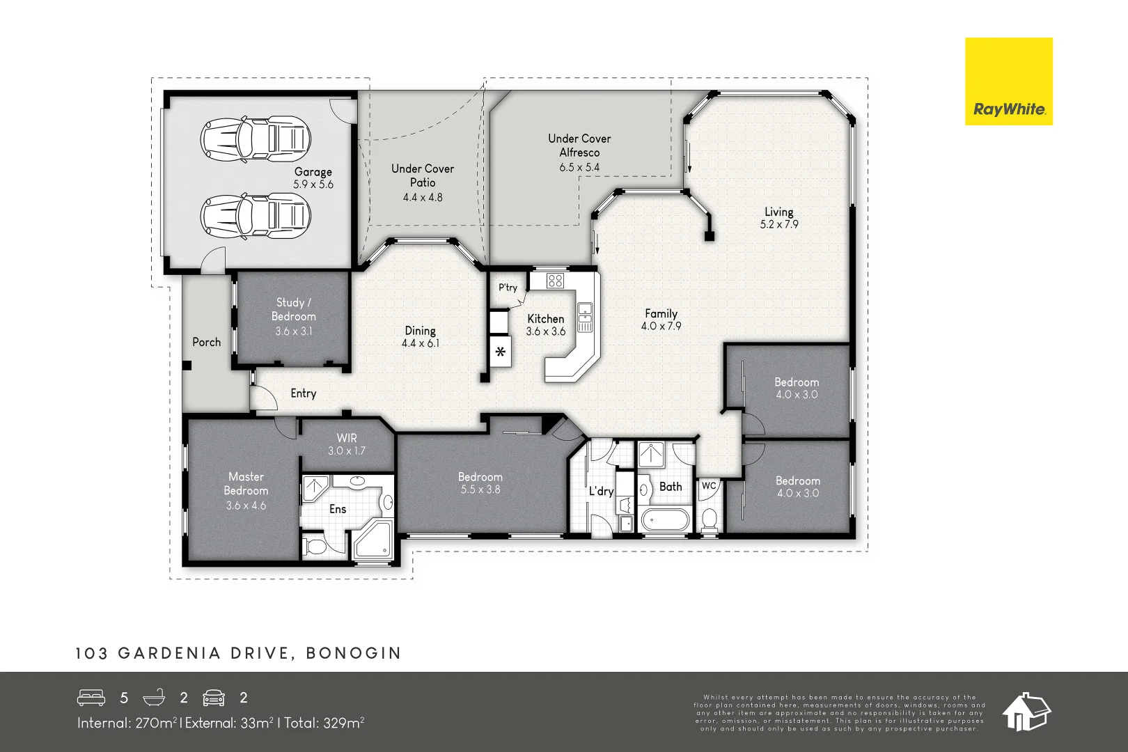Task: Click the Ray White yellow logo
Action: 1008,81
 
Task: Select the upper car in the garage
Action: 255,138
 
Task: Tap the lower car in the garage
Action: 255,216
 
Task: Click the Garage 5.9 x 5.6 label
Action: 313,178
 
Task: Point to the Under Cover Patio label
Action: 423,182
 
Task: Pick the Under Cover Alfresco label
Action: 579,152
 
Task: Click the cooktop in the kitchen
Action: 555,281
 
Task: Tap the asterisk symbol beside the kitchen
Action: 501,352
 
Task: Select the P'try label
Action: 508,288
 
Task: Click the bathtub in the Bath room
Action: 665,519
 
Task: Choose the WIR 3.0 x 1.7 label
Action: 347,444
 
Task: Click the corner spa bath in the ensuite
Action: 373,540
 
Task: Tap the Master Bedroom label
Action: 246,490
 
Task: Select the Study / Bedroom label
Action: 293,316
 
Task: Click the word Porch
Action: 206,342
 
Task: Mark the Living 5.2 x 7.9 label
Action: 779,218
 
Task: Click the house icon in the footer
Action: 1026,712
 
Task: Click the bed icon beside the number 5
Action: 91,698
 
